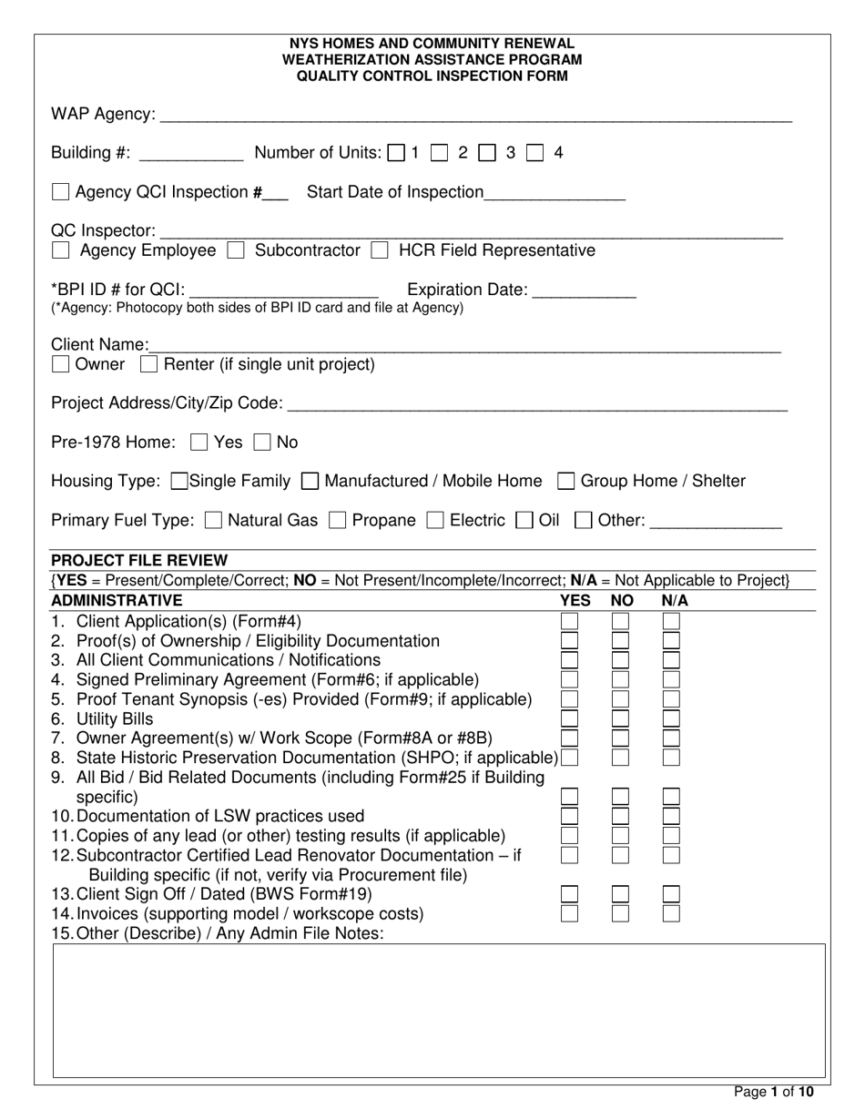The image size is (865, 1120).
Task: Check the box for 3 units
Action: point(486,153)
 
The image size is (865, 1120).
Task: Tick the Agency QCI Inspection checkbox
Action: point(60,192)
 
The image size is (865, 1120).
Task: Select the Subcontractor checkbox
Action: point(235,250)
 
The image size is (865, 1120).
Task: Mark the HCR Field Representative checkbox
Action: point(380,250)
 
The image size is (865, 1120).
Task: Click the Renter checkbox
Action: point(149,365)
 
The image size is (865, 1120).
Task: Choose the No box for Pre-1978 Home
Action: point(262,443)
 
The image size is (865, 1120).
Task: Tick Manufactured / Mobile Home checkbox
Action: point(310,481)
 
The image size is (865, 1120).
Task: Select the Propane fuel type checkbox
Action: point(337,521)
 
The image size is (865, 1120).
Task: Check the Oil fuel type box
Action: point(524,521)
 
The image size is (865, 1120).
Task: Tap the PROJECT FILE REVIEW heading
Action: point(139,560)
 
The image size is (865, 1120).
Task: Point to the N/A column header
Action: point(675,600)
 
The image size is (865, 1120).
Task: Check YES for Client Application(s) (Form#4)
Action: point(569,621)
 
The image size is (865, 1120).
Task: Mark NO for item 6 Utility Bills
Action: point(620,718)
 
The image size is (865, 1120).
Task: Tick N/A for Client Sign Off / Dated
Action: point(671,893)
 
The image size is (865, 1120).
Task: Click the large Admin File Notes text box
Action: point(439,1011)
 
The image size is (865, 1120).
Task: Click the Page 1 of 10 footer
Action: point(774,1092)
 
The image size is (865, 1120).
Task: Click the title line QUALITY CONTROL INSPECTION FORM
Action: point(432,76)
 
